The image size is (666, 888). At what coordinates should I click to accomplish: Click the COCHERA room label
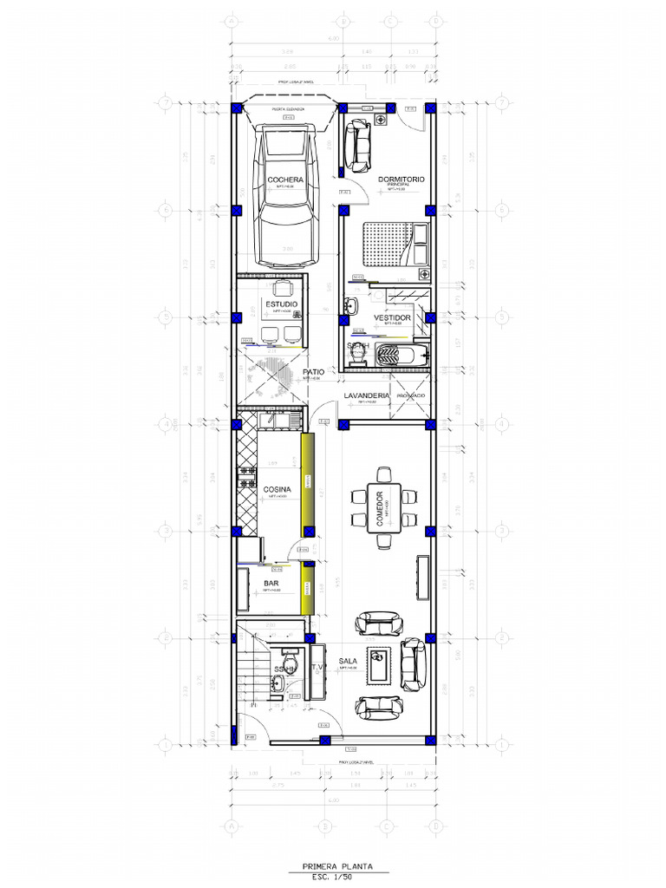[x=285, y=180]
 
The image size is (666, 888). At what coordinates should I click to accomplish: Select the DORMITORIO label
[x=402, y=180]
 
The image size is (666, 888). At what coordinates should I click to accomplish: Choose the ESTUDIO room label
[x=282, y=304]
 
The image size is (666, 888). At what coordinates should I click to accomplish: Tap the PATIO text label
[x=314, y=372]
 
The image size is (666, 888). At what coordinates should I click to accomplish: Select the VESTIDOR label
[x=392, y=318]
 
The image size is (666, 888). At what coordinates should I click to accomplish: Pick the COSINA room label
[x=277, y=490]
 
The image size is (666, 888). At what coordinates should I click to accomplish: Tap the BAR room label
[x=271, y=584]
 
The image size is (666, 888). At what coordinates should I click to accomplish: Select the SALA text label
[x=348, y=662]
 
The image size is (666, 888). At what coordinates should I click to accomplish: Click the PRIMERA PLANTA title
[x=333, y=865]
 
